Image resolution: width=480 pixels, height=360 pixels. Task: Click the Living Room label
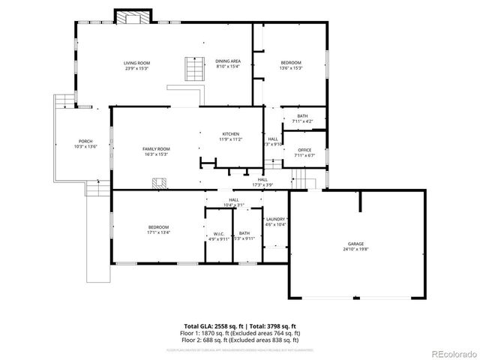[137, 63]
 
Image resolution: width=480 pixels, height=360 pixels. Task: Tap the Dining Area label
[228, 61]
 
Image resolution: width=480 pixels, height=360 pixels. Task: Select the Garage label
[355, 244]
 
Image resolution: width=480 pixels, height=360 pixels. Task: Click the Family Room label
[157, 149]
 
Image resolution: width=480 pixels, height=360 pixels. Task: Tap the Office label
[304, 150]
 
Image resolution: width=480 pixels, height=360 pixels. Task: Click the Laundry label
[276, 219]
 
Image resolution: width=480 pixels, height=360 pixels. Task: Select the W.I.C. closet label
[219, 233]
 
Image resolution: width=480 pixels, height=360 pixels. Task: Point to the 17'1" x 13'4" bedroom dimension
[158, 232]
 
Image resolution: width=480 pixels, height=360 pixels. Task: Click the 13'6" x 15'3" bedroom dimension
[291, 68]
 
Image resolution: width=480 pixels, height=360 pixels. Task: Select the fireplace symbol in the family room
[158, 182]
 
